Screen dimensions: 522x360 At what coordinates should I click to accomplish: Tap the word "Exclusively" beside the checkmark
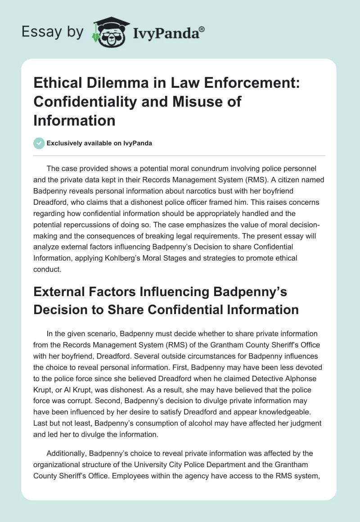(x=64, y=144)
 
